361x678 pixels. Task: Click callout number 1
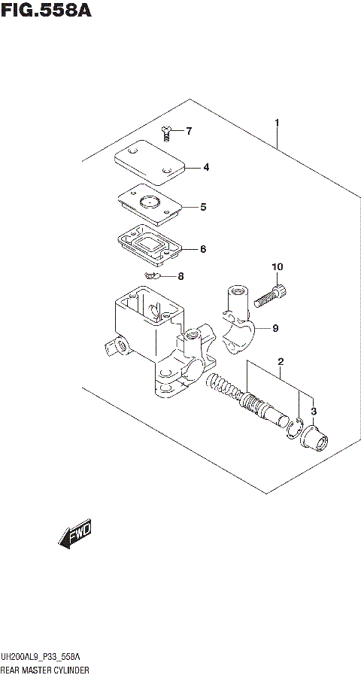coord(278,122)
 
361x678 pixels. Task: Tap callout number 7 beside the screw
coord(188,132)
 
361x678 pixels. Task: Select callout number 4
coord(205,167)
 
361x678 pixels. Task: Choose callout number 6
coord(202,249)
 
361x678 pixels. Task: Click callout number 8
coord(180,277)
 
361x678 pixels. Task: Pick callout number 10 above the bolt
coord(278,267)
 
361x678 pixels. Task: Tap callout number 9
coord(275,327)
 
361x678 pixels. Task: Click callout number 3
coord(314,411)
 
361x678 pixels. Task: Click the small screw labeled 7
coord(167,134)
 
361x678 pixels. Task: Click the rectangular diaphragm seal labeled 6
coord(148,245)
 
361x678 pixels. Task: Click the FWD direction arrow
coord(74,536)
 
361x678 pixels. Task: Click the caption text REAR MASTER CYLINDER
coord(45,669)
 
